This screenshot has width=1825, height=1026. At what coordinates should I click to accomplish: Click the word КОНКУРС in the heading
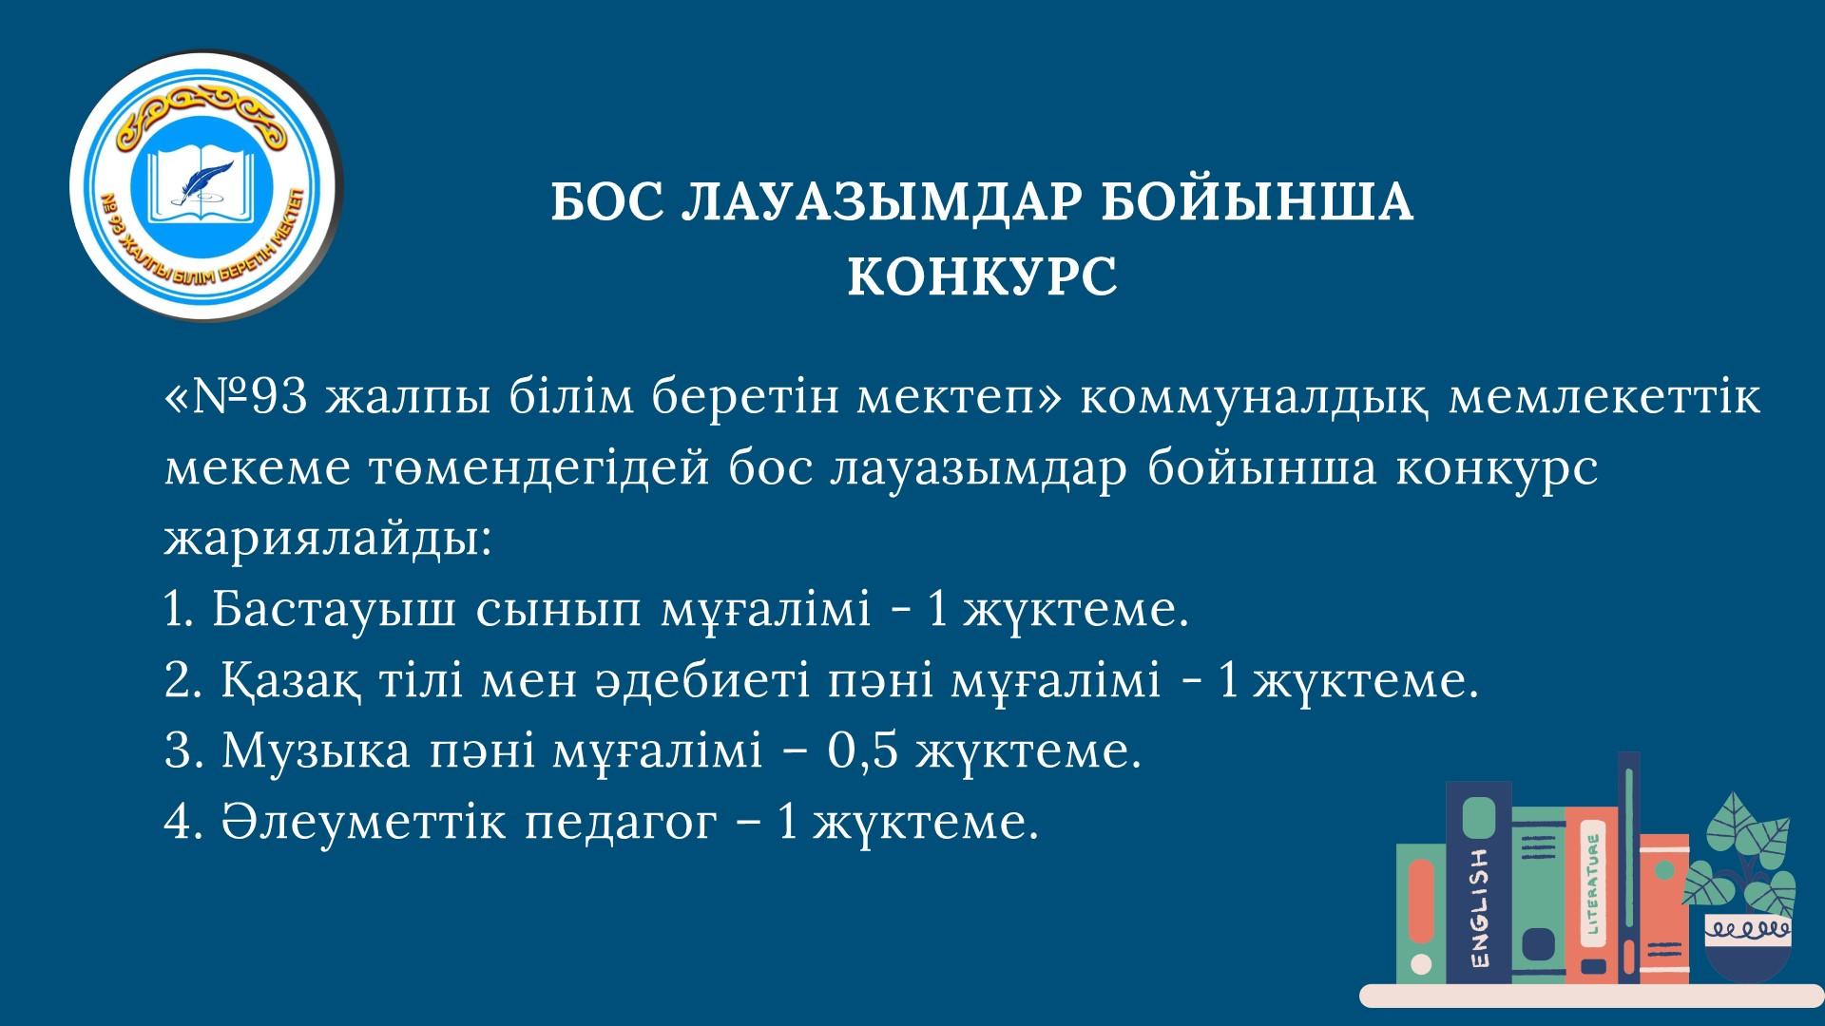coord(982,275)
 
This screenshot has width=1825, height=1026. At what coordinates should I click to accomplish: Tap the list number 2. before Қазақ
coord(181,681)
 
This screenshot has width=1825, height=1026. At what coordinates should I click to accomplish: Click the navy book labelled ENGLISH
coord(1478,883)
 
